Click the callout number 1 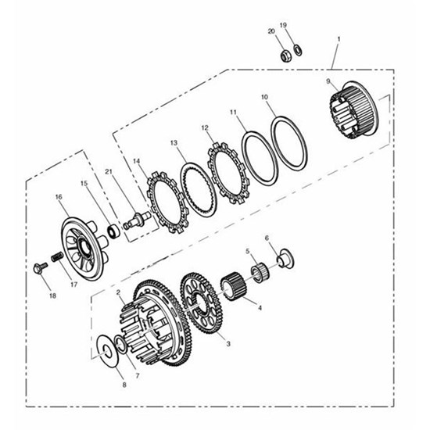click(x=339, y=39)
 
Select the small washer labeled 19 click(x=298, y=50)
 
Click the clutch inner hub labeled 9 click(x=353, y=110)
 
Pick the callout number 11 click(x=233, y=112)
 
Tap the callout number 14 click(x=136, y=161)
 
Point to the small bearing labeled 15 click(x=113, y=231)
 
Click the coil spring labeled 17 click(x=57, y=257)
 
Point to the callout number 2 click(x=118, y=292)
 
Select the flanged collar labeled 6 click(x=286, y=258)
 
